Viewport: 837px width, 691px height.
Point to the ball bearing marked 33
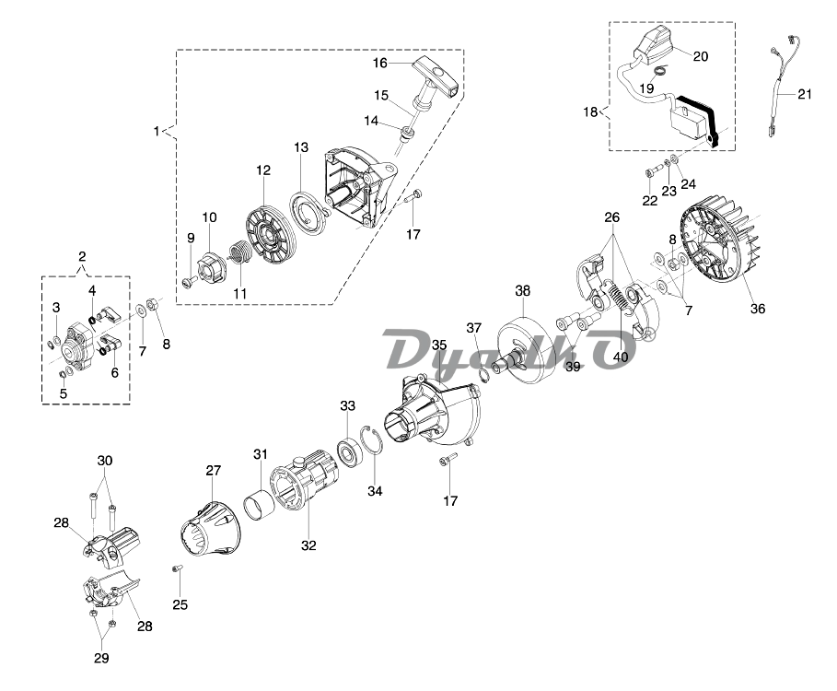[349, 452]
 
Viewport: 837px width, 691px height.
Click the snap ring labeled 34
[372, 446]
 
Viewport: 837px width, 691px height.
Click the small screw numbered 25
[176, 573]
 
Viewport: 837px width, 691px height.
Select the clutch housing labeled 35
[426, 411]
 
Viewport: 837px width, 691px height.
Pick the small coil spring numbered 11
[239, 251]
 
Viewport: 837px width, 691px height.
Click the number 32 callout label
[308, 545]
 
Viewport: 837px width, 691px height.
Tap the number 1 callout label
[157, 131]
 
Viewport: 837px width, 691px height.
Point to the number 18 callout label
[590, 112]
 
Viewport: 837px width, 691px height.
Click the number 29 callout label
[101, 658]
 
